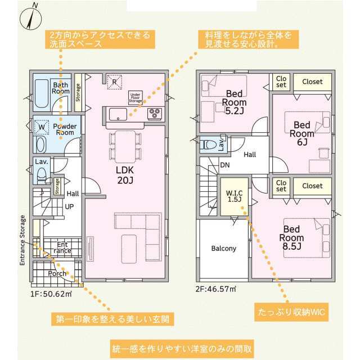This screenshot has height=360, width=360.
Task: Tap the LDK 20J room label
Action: tap(125, 175)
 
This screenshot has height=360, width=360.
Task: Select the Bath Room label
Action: tap(61, 88)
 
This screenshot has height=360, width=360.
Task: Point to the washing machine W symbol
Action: tap(42, 127)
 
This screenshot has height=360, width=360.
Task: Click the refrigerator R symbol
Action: tap(114, 82)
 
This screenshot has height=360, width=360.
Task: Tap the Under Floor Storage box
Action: tap(135, 98)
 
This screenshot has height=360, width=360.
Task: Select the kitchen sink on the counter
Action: tap(118, 114)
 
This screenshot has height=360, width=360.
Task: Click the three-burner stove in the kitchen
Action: tap(155, 114)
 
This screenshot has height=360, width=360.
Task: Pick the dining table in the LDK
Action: tap(125, 147)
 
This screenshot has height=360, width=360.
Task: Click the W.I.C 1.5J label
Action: tap(234, 196)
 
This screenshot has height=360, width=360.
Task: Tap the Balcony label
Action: tap(224, 249)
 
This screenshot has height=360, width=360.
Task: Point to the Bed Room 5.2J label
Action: tap(234, 102)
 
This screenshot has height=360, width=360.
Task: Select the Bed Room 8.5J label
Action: tap(291, 237)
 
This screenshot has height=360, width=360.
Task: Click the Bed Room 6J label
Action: tap(302, 134)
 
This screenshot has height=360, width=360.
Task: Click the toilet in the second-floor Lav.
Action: tap(209, 145)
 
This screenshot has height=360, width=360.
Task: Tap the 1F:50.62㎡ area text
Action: tap(51, 294)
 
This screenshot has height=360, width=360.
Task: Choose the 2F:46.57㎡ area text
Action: tap(216, 289)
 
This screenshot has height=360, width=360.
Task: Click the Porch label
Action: tap(57, 273)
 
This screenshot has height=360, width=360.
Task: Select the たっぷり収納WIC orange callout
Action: tap(291, 312)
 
